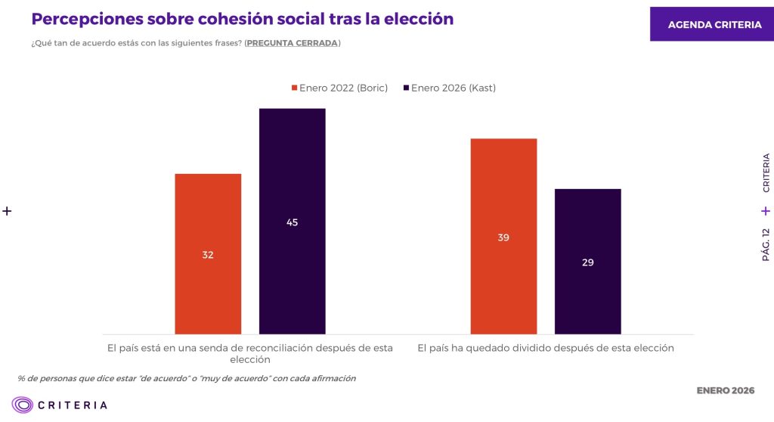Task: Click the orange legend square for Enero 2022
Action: [x=295, y=88]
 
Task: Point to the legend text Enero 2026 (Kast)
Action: [x=453, y=88]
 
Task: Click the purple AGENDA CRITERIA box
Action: [x=714, y=25]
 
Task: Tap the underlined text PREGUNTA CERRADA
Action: [x=292, y=43]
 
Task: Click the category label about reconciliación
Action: [x=250, y=354]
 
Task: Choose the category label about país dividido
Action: [x=545, y=349]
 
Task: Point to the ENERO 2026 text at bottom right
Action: [x=725, y=391]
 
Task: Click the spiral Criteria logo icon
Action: [x=23, y=405]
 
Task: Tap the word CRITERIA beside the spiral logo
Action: [x=74, y=405]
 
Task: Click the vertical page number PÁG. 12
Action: [x=766, y=244]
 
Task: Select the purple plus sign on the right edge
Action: [x=766, y=211]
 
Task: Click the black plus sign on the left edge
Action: [x=8, y=211]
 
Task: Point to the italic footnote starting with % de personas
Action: [x=186, y=378]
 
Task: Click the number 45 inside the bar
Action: [x=292, y=222]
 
